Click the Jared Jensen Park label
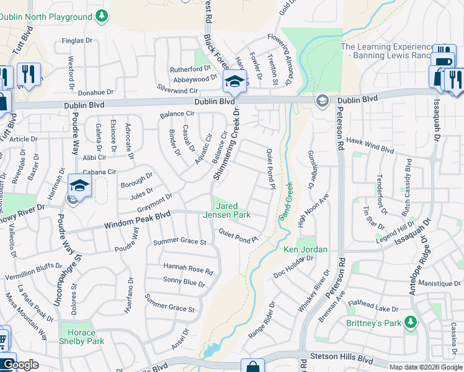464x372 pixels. coord(233,210)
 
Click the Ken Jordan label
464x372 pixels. coord(305,250)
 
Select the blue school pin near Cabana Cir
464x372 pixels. coord(80,185)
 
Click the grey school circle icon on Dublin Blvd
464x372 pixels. coord(322,100)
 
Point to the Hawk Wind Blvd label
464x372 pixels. coord(370,145)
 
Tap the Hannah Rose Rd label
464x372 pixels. coord(188,268)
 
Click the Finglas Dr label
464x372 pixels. coord(77,42)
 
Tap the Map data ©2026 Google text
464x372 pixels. coord(425,367)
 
